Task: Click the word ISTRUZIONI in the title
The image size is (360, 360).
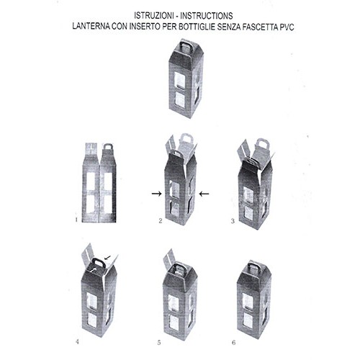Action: pos(154,16)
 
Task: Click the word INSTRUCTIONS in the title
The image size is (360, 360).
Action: pos(207,16)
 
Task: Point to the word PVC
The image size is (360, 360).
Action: pos(287,27)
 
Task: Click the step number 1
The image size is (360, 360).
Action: pos(76,220)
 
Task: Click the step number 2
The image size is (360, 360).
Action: pos(161,221)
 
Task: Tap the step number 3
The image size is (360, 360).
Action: pos(233,221)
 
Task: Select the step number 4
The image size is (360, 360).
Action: pos(77,341)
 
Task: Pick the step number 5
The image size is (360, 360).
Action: pos(159,343)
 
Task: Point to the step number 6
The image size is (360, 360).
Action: pos(234,343)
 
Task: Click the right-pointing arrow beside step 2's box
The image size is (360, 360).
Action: pos(157,194)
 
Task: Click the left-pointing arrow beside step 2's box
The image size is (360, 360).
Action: pos(204,194)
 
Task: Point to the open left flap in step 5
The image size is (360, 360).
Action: pos(170,260)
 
